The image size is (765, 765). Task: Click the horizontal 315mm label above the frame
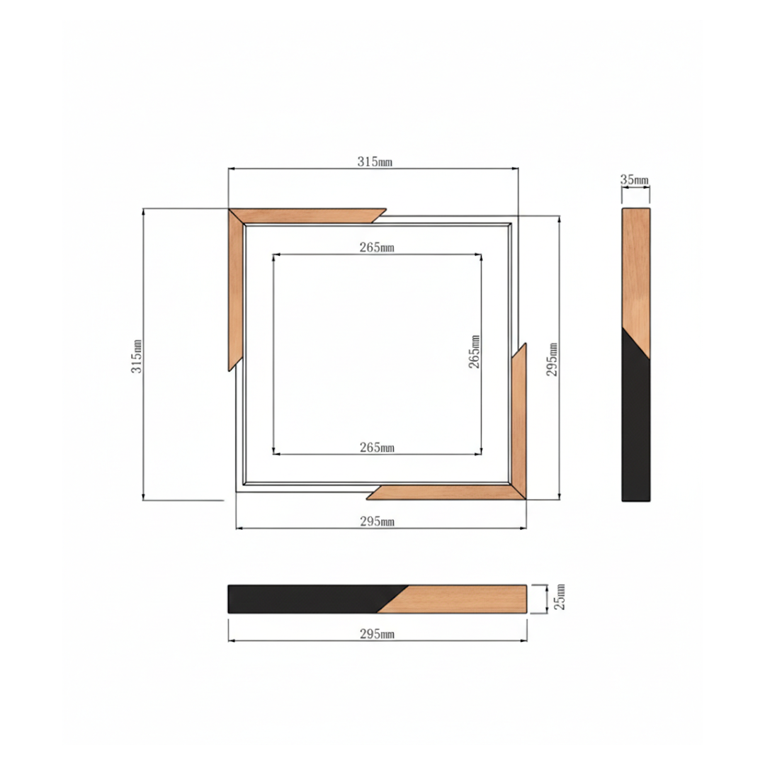tap(375, 161)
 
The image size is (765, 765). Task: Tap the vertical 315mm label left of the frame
tap(137, 356)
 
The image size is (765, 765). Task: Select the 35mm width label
tap(635, 179)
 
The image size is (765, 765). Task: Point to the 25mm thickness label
tap(560, 596)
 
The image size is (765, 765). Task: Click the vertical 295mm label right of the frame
tap(552, 359)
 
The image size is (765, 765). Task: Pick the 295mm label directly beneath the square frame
tap(377, 521)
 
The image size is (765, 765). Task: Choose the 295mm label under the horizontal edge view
tap(377, 634)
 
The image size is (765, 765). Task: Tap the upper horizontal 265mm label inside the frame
tap(377, 248)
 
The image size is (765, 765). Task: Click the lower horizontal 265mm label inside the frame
tap(377, 448)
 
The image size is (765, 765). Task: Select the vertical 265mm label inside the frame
tap(474, 351)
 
